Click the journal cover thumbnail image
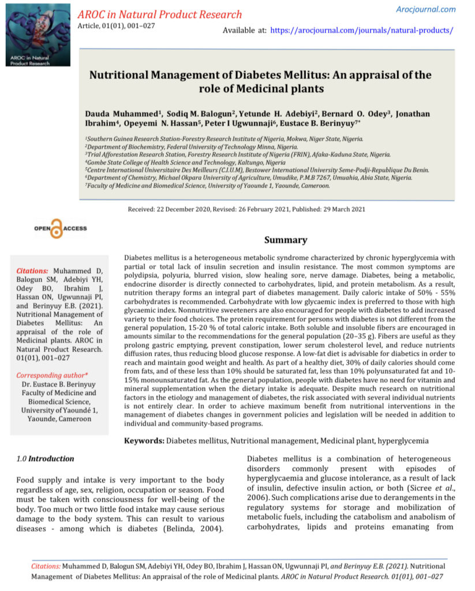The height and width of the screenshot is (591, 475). coord(37,35)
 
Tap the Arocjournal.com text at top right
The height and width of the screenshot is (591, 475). coord(426,9)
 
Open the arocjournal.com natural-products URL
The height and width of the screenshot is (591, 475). coord(361,30)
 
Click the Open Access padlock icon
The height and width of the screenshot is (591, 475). coord(56,229)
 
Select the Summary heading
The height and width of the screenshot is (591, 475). coord(286,240)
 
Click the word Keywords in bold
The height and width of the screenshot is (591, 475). coord(144,441)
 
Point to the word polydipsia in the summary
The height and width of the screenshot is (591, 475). coord(145,275)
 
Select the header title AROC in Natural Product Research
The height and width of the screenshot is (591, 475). coord(160,14)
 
